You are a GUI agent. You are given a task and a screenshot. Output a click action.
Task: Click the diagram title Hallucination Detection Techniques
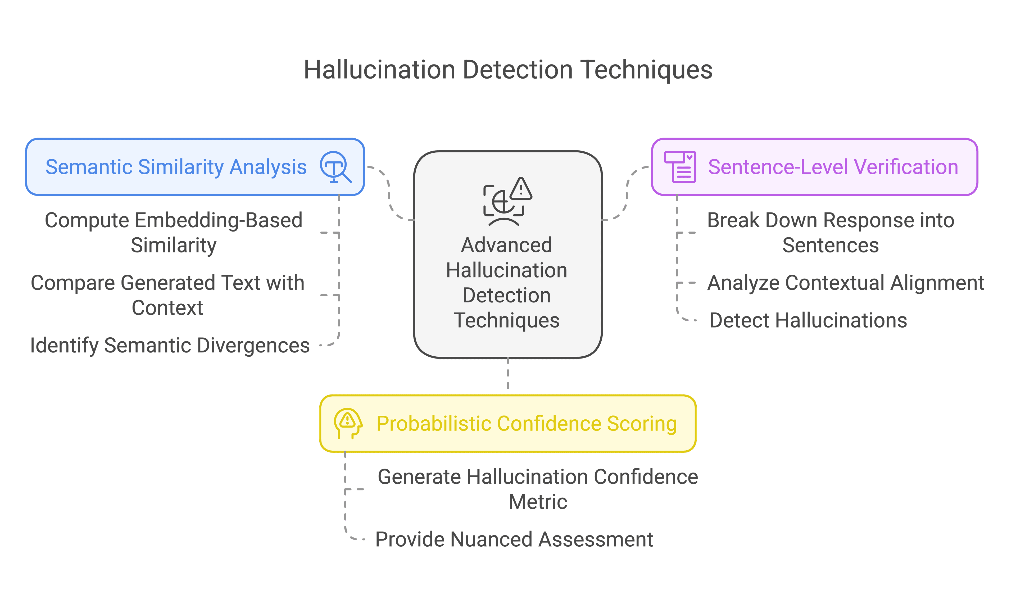click(508, 70)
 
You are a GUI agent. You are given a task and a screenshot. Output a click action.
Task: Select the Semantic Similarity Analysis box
click(195, 167)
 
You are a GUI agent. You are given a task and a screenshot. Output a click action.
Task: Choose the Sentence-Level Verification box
click(814, 167)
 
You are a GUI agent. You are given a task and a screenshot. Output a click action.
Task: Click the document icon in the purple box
click(680, 167)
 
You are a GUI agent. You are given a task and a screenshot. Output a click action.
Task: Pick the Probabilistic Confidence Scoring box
click(508, 423)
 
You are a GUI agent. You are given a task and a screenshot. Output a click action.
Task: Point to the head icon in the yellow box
click(348, 423)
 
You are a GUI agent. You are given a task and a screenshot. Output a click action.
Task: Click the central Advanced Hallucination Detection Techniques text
click(507, 282)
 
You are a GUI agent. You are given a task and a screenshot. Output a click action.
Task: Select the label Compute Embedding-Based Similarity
click(174, 232)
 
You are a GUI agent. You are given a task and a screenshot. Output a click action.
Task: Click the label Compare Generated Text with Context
click(167, 295)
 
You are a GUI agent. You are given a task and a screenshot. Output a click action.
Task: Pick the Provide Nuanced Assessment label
click(514, 539)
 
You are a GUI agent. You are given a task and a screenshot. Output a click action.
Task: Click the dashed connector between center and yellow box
click(508, 374)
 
